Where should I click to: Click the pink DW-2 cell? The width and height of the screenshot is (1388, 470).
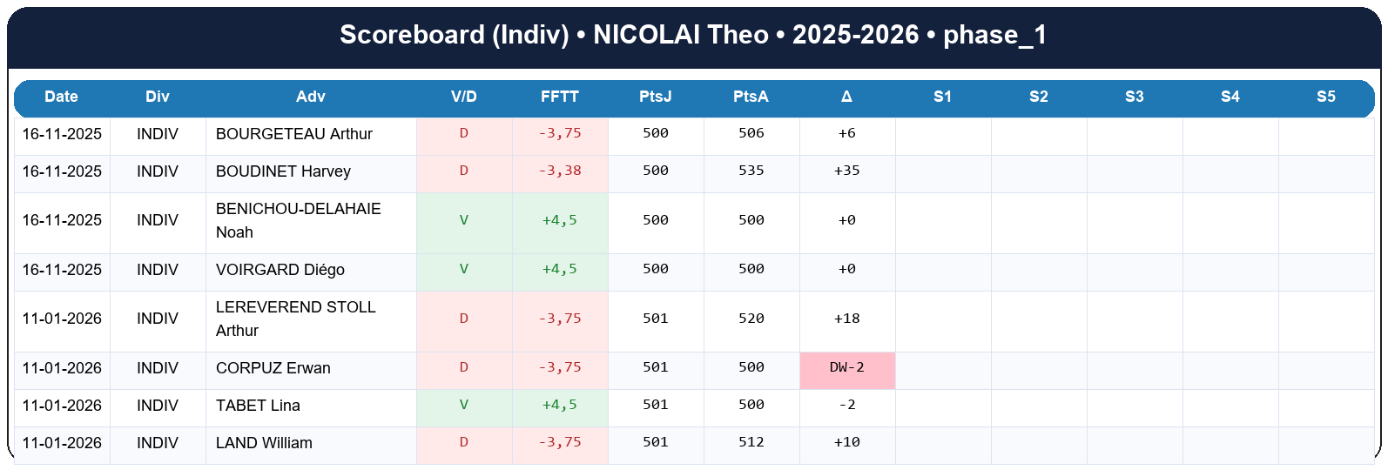[846, 368]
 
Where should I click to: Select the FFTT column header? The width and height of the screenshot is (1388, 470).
[559, 97]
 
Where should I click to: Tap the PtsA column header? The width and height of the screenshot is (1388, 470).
[751, 97]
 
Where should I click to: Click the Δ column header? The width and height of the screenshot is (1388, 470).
[846, 97]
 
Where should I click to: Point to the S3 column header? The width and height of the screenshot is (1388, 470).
[1134, 97]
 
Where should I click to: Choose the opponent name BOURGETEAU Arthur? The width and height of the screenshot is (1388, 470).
[293, 134]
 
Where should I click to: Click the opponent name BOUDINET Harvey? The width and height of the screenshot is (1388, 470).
[283, 171]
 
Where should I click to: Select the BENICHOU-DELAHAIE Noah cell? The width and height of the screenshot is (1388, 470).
[298, 221]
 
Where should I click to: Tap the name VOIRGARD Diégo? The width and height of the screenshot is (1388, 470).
[280, 270]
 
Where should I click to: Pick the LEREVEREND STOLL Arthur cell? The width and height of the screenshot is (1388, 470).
[295, 319]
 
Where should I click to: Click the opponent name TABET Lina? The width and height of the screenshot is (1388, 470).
[258, 406]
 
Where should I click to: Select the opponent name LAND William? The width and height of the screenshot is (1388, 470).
[264, 443]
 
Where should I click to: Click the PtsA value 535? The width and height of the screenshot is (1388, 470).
[751, 171]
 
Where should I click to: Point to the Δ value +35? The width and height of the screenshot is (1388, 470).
[846, 171]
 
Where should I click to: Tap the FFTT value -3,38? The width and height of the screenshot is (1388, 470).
[559, 171]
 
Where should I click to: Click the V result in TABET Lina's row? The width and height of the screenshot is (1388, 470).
[463, 405]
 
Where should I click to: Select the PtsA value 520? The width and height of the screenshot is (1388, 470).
[751, 319]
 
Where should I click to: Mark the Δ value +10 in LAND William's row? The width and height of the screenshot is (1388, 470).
[846, 442]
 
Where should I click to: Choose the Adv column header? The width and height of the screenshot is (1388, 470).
[310, 97]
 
